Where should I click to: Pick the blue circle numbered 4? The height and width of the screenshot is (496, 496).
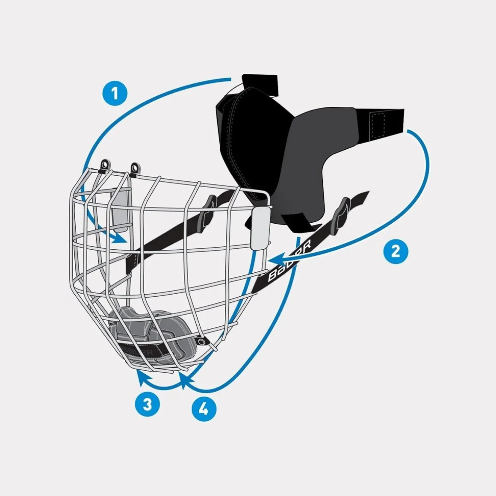point(204,410)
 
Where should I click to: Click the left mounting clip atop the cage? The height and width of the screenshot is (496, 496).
point(104,165)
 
